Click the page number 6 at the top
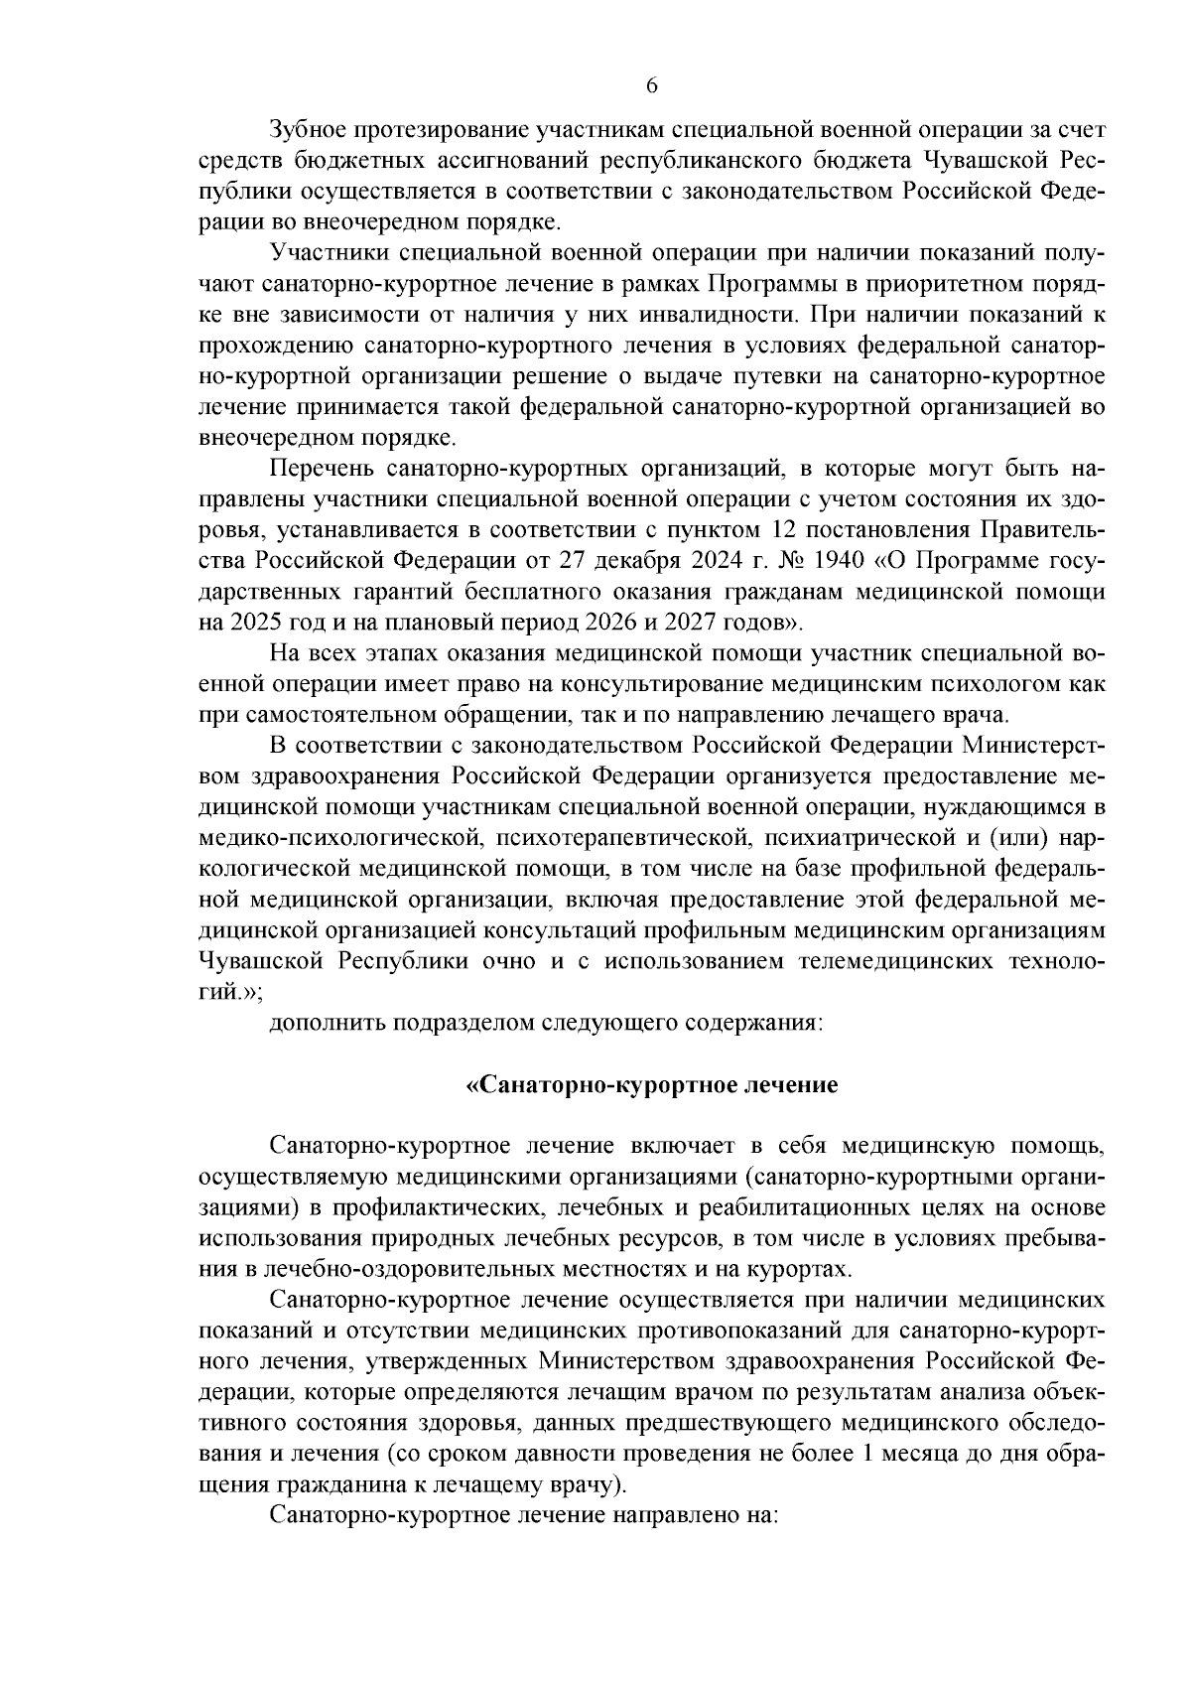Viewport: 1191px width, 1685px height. click(651, 85)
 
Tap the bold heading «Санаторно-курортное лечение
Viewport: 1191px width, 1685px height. click(652, 1085)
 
